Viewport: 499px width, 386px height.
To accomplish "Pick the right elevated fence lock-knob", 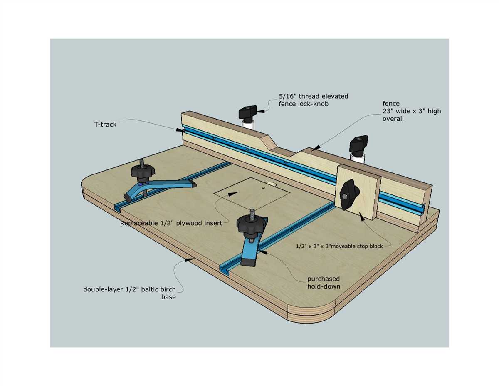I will tap(359, 144).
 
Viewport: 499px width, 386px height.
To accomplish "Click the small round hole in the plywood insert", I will tap(263, 188).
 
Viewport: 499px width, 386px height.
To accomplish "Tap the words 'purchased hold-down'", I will tap(323, 282).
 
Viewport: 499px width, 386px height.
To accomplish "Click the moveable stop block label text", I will tap(339, 247).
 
